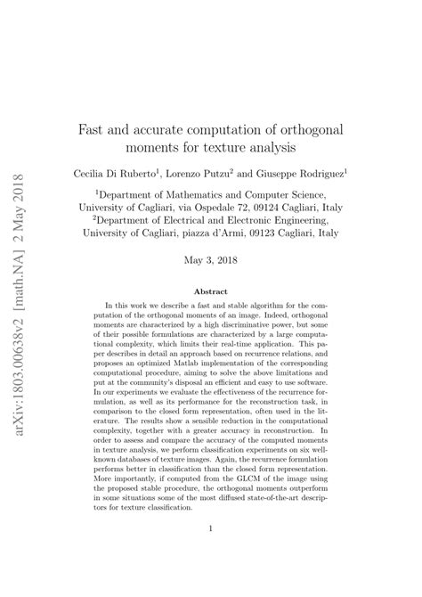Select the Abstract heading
pyautogui.click(x=211, y=290)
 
